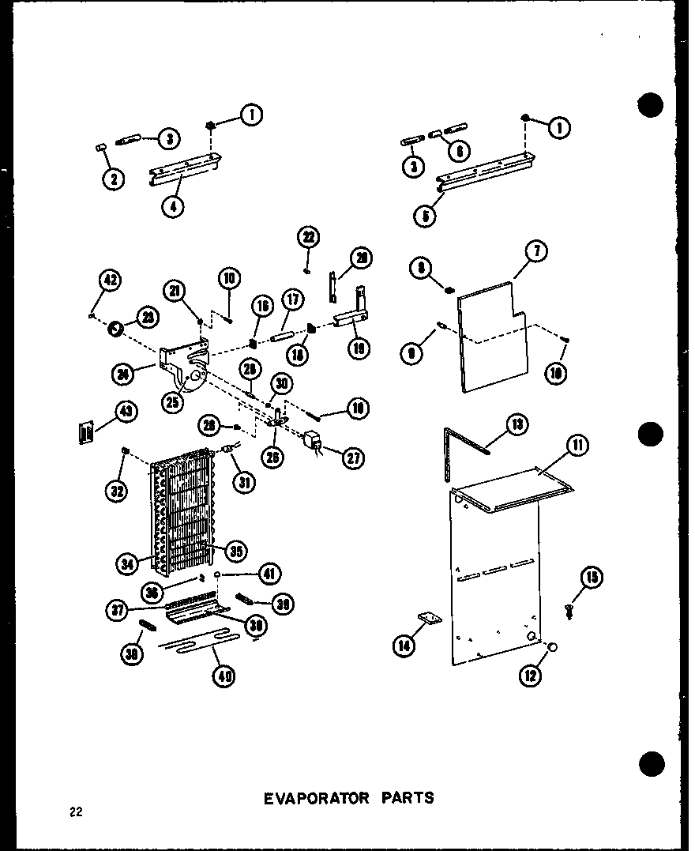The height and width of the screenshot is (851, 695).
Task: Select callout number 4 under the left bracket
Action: click(x=173, y=207)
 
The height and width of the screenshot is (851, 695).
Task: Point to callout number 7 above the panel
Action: click(x=536, y=252)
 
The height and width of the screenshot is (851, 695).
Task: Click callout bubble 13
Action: click(x=517, y=425)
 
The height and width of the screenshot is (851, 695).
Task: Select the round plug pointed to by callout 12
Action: click(x=551, y=647)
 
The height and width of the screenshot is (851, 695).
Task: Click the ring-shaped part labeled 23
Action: click(x=116, y=326)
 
